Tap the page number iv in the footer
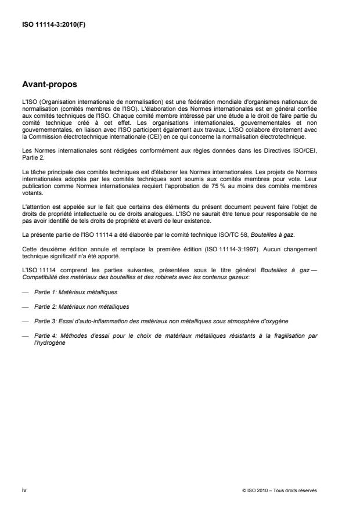click(x=24, y=490)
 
